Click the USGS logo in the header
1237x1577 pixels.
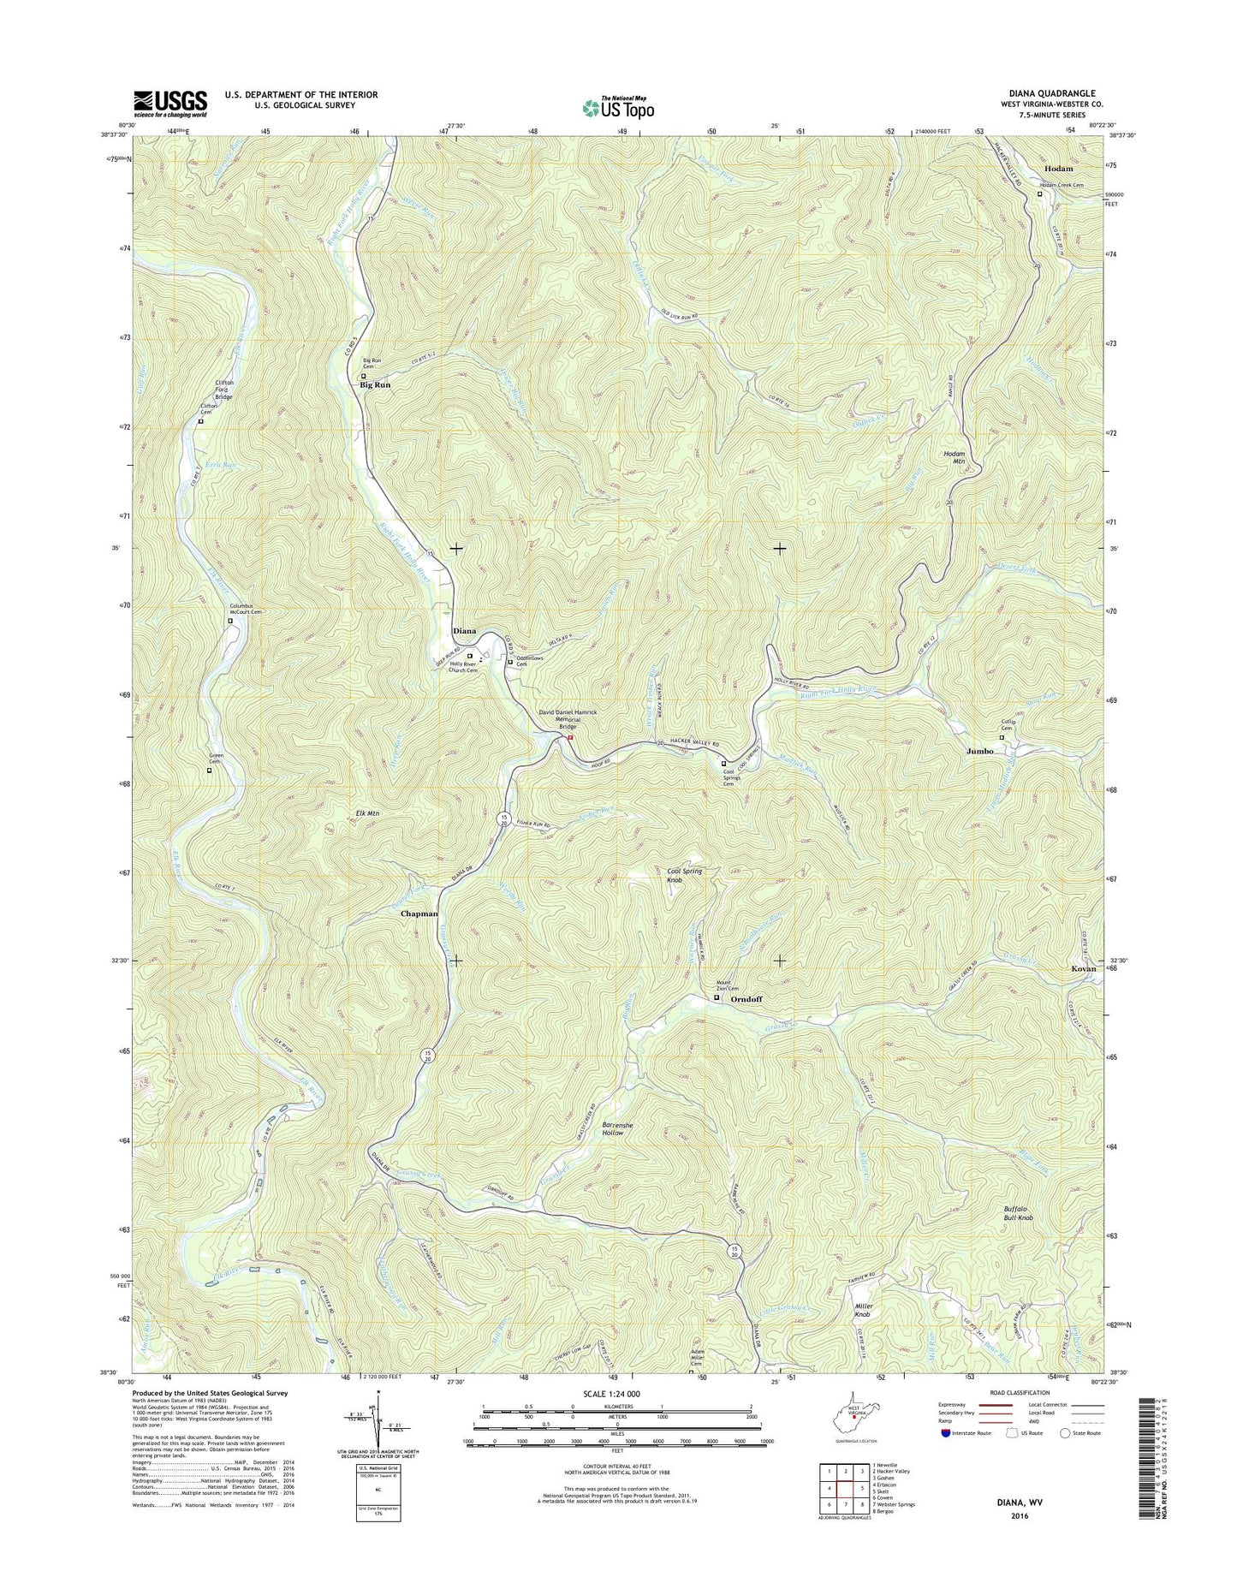tap(169, 104)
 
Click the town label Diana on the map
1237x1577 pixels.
tap(464, 631)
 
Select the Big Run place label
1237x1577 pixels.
tap(375, 385)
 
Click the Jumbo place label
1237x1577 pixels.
tap(980, 751)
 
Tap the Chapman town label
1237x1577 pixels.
tap(419, 913)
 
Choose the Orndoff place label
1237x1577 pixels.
tap(746, 999)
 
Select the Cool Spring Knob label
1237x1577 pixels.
tap(685, 875)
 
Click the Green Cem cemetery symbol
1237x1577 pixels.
tap(209, 770)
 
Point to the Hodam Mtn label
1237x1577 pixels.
tap(954, 457)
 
